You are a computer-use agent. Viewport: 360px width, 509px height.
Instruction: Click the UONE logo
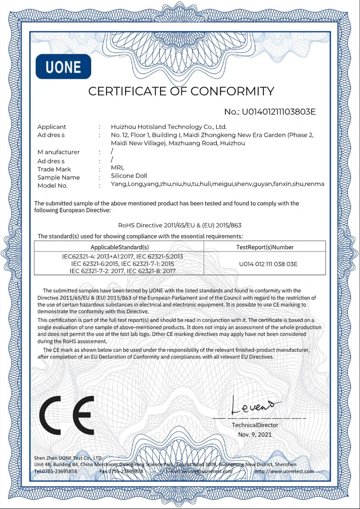pyautogui.click(x=63, y=67)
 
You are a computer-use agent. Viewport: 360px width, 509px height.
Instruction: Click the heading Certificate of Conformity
pyautogui.click(x=181, y=91)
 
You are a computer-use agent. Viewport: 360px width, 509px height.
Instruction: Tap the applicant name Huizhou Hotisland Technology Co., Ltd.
pyautogui.click(x=169, y=127)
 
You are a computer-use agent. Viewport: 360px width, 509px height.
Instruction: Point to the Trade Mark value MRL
pyautogui.click(x=117, y=168)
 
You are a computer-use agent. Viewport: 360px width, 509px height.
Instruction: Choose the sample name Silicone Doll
pyautogui.click(x=129, y=176)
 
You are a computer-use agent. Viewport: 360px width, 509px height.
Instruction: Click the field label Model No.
pyautogui.click(x=52, y=186)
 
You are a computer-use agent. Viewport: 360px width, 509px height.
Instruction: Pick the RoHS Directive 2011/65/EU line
pyautogui.click(x=180, y=225)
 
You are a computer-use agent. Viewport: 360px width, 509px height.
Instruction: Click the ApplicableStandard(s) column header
pyautogui.click(x=120, y=247)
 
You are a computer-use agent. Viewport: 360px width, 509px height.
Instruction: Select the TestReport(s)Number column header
pyautogui.click(x=265, y=247)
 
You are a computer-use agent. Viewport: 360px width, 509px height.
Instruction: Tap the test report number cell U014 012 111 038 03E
pyautogui.click(x=268, y=264)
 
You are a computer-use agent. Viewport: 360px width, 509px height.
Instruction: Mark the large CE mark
pyautogui.click(x=67, y=416)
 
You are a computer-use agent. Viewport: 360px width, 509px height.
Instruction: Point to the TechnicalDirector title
pyautogui.click(x=255, y=425)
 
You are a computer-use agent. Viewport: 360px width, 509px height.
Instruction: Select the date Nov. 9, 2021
pyautogui.click(x=255, y=434)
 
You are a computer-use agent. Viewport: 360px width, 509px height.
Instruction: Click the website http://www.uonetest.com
pyautogui.click(x=284, y=471)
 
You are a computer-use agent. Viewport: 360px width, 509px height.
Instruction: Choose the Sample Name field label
pyautogui.click(x=58, y=177)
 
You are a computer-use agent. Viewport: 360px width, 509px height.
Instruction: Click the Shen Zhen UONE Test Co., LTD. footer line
pyautogui.click(x=68, y=458)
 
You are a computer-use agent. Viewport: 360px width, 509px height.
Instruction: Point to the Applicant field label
pyautogui.click(x=51, y=127)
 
